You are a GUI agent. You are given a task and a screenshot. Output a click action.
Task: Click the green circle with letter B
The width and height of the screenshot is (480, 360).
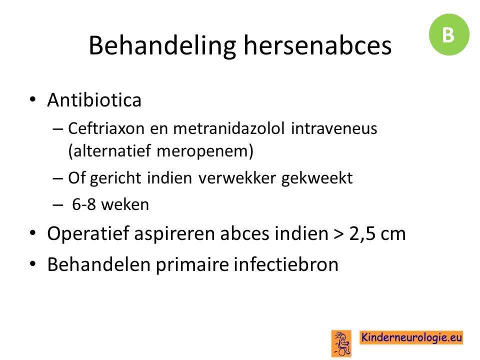(x=449, y=34)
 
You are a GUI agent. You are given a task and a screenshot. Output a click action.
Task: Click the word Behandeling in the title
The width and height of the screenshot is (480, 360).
(x=162, y=46)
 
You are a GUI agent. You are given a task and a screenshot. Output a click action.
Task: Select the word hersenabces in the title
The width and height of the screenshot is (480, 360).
(x=317, y=45)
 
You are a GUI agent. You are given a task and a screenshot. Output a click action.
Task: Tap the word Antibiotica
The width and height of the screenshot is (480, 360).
(x=94, y=100)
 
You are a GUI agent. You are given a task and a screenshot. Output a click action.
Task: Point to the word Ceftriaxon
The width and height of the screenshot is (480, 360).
(x=106, y=128)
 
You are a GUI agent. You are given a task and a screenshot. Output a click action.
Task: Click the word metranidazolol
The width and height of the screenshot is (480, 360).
(x=229, y=128)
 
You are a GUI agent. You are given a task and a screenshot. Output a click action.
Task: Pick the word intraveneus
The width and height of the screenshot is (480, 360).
(x=334, y=128)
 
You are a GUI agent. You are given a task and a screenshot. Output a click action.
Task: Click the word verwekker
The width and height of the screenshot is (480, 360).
(x=237, y=178)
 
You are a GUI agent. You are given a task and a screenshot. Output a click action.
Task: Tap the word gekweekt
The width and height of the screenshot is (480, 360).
(x=317, y=178)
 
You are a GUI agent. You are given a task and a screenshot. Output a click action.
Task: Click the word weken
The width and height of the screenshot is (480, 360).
(x=125, y=204)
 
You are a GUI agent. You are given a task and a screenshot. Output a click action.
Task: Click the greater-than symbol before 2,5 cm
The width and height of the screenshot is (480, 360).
(x=339, y=234)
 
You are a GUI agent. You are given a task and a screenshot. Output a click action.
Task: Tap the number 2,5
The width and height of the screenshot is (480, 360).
(x=362, y=234)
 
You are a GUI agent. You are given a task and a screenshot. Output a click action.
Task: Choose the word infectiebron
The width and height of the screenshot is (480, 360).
(x=286, y=264)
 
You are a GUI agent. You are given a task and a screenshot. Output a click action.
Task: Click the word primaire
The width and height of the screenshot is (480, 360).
(x=192, y=265)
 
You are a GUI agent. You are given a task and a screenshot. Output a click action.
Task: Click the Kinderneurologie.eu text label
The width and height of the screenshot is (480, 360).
(x=411, y=337)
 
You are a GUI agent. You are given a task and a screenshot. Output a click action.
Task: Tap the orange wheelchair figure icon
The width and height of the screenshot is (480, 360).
(x=341, y=343)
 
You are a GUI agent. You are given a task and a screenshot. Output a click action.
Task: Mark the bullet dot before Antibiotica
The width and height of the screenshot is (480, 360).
(x=33, y=100)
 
